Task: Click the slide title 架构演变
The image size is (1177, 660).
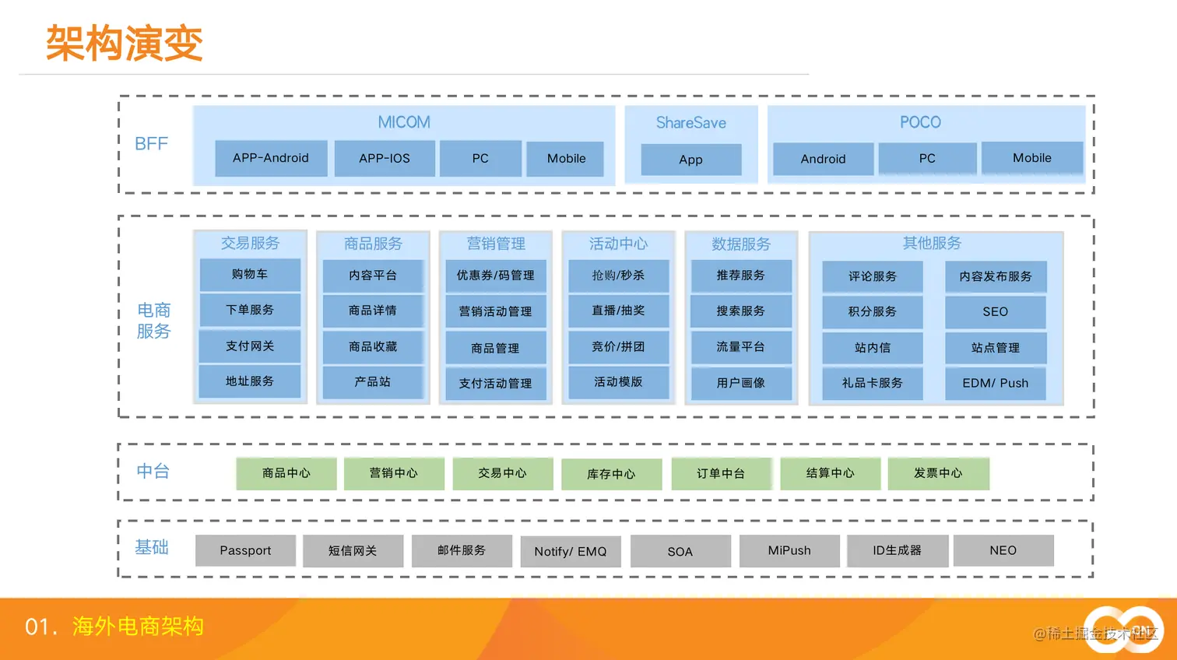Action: point(125,43)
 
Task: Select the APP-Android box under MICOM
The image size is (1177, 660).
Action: point(271,158)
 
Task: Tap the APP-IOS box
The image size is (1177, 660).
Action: point(385,158)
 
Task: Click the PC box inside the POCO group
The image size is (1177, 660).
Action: point(927,158)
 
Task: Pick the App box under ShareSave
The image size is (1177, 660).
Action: point(690,160)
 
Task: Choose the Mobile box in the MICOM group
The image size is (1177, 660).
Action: point(566,158)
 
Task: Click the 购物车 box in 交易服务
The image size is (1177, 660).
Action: point(250,274)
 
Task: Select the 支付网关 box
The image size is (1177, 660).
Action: point(250,346)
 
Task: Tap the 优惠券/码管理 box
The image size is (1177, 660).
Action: point(496,276)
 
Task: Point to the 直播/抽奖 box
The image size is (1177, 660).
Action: point(618,311)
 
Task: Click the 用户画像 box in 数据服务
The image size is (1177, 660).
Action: point(741,383)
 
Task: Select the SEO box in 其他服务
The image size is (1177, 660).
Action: point(995,311)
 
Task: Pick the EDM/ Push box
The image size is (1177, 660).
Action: point(995,383)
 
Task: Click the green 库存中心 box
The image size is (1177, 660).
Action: point(611,474)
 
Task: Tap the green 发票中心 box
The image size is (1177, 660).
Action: point(938,473)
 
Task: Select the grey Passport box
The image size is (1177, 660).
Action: point(245,550)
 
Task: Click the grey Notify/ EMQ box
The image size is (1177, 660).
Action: point(571,552)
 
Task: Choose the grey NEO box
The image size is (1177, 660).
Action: point(1003,550)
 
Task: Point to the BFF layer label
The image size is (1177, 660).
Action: point(151,144)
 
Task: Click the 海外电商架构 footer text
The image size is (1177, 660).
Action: point(138,626)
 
